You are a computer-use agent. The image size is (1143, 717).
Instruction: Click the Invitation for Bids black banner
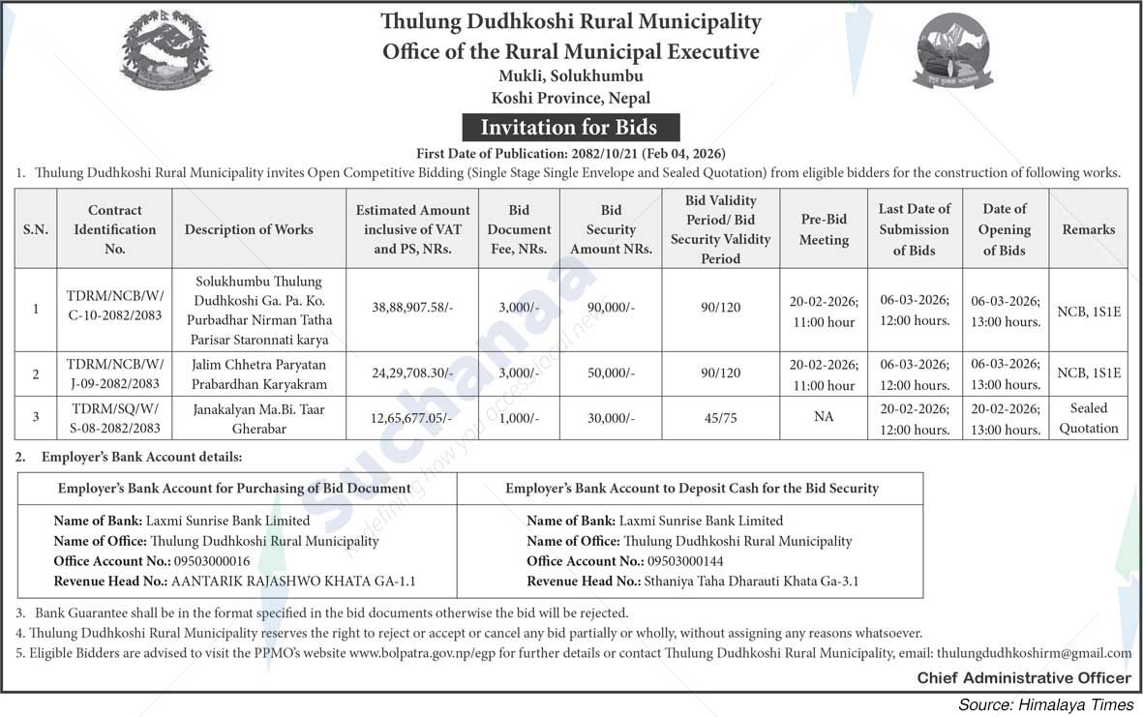click(569, 128)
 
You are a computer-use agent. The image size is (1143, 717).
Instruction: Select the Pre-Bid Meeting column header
click(824, 229)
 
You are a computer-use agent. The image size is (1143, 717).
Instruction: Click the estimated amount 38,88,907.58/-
click(412, 309)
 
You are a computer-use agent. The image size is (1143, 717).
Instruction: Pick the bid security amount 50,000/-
click(611, 373)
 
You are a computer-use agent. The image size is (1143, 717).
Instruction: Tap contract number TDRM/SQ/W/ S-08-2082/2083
click(114, 417)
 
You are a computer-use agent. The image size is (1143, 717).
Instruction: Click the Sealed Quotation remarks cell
click(1088, 418)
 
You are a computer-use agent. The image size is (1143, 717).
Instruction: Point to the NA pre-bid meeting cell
click(824, 417)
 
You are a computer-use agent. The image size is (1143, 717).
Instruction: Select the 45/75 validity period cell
click(720, 417)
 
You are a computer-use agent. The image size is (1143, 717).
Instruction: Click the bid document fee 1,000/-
click(519, 417)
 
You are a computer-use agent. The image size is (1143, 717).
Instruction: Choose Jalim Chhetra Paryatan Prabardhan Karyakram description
click(258, 373)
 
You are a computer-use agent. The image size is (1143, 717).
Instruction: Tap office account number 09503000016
click(212, 561)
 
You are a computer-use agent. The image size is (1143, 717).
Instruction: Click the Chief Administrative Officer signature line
click(1023, 678)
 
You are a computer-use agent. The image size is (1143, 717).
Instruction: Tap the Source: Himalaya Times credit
click(1045, 704)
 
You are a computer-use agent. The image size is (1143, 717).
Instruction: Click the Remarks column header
click(1088, 229)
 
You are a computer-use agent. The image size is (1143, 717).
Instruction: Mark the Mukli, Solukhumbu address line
click(571, 75)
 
